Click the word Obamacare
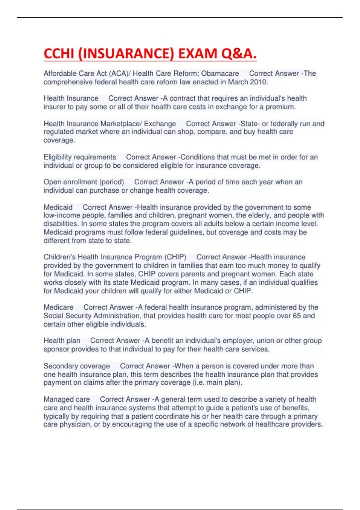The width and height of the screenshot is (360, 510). pyautogui.click(x=220, y=73)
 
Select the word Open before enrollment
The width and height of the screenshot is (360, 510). pyautogui.click(x=52, y=182)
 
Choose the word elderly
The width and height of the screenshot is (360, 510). pyautogui.click(x=258, y=215)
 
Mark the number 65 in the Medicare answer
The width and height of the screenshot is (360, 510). pyautogui.click(x=296, y=316)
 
